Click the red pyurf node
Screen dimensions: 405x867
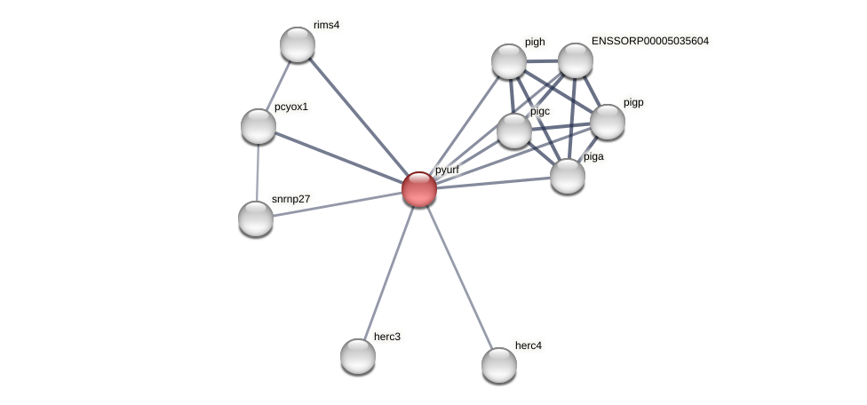(419, 189)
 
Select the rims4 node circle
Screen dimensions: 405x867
(298, 44)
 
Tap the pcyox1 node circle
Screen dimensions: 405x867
(259, 126)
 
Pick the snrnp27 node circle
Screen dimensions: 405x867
(256, 218)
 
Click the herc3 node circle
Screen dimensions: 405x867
(358, 356)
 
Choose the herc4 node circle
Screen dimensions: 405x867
(499, 365)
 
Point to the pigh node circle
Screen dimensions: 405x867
(509, 61)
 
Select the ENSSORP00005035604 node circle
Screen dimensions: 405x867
(576, 60)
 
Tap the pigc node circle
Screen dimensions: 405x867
(514, 131)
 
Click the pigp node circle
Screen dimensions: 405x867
(608, 122)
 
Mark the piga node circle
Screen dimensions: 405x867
(568, 176)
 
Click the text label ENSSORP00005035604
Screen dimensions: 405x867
(650, 41)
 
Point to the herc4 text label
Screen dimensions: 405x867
(529, 345)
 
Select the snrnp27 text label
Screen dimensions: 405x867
(291, 199)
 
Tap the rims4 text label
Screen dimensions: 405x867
(326, 25)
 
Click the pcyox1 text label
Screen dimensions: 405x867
(291, 107)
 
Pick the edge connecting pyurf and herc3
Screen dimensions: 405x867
(388, 273)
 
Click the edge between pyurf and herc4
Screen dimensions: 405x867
(459, 277)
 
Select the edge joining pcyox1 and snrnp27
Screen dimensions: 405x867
(258, 172)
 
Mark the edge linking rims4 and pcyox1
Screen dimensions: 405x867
(278, 85)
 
